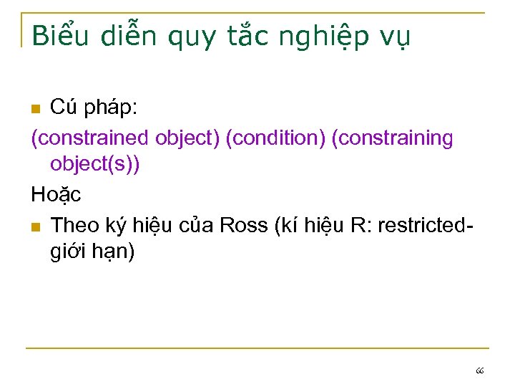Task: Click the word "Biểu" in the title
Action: (62, 34)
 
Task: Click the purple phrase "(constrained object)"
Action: (125, 138)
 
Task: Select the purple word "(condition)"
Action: (275, 138)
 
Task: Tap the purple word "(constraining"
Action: (392, 138)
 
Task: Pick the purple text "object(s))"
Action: (95, 165)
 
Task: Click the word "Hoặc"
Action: (57, 193)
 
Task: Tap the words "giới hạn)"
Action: (92, 252)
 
